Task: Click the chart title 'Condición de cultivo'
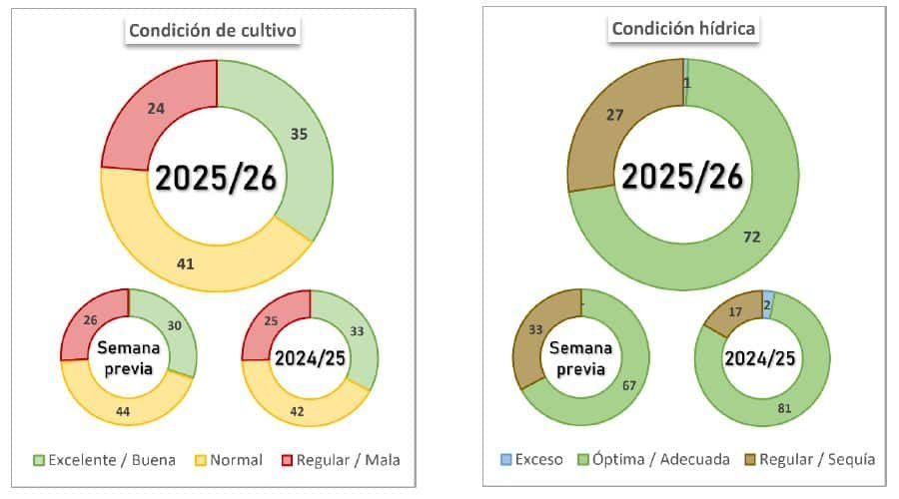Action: coord(215,31)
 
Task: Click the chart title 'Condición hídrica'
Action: coord(684,29)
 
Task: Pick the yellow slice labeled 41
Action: coord(185,263)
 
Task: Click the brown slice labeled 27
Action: coord(615,116)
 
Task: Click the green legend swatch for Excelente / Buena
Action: coord(39,460)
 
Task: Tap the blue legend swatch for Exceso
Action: coord(507,460)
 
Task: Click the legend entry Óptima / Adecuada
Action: coord(648,460)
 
